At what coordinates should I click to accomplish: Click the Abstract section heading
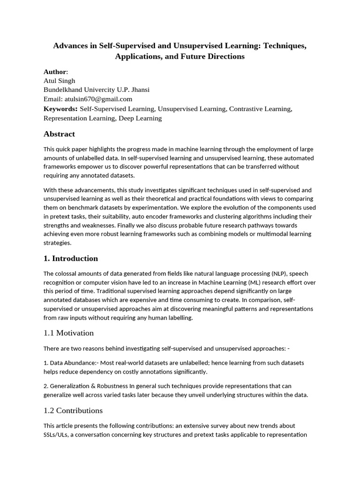pos(59,134)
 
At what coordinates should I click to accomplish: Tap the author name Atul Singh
pos(59,81)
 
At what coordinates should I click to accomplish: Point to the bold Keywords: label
pos(60,109)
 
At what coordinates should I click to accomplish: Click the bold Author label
pos(55,72)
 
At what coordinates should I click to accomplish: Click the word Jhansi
pos(140,90)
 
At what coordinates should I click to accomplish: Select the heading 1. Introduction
pos(71,259)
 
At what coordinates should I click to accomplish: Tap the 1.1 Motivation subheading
pos(68,333)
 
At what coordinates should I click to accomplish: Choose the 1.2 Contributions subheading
pos(73,411)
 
